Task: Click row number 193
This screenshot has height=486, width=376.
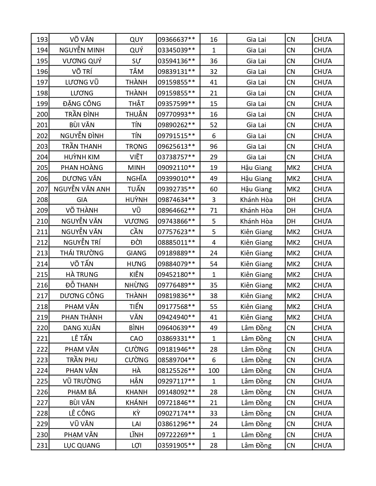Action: point(42,39)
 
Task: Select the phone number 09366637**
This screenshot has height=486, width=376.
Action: point(176,39)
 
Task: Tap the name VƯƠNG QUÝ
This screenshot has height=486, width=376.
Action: point(82,61)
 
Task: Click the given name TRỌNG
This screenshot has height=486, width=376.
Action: point(136,146)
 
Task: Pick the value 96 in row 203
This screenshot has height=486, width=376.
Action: point(214,146)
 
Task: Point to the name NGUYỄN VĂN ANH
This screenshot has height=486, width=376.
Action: point(82,189)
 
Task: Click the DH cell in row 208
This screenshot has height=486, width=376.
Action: point(291,200)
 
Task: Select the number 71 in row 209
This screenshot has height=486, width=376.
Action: point(214,210)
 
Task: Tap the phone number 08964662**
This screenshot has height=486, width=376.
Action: point(176,210)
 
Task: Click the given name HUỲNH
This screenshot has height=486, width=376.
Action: point(136,200)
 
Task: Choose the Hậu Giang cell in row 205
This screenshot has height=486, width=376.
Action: point(256,168)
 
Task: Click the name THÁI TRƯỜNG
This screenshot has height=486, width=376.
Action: point(82,253)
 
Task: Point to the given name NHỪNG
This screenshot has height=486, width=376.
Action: point(136,285)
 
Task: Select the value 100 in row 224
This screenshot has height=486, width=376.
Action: point(214,371)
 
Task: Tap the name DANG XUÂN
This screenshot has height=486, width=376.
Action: point(82,328)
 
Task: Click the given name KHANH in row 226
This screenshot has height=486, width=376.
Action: point(136,392)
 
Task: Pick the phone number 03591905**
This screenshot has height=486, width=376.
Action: point(176,445)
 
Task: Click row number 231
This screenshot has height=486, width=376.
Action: point(42,445)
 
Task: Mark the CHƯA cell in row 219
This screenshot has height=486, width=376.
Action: point(323,317)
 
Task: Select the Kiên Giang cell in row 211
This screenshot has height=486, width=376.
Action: point(256,232)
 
